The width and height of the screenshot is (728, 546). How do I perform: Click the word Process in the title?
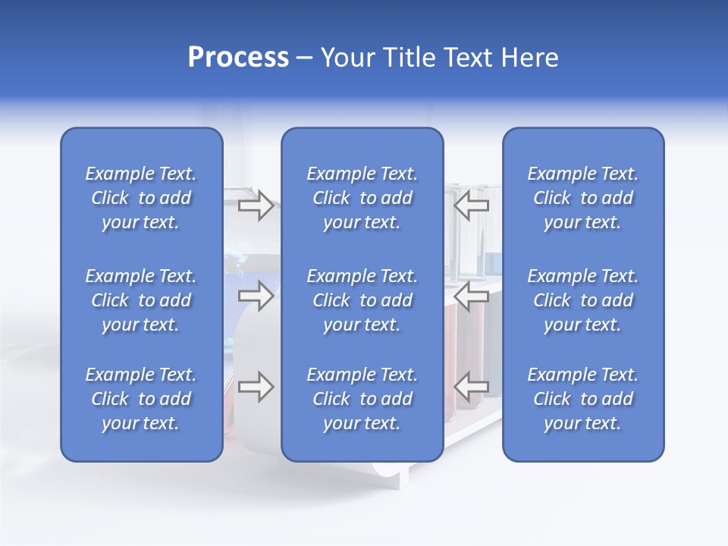click(x=238, y=58)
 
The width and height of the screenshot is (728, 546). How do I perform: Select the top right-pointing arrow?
click(x=256, y=206)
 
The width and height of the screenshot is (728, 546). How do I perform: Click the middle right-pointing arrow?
click(x=256, y=296)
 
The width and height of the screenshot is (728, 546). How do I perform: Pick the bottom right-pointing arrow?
click(x=256, y=387)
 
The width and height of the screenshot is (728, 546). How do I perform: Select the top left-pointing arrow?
click(x=472, y=206)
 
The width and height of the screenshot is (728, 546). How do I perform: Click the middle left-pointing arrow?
click(x=472, y=296)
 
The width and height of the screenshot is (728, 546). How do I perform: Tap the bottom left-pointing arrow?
click(x=472, y=387)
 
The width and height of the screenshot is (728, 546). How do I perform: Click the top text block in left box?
click(x=141, y=198)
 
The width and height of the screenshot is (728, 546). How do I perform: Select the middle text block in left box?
click(x=141, y=300)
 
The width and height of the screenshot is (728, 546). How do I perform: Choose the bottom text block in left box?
click(x=141, y=399)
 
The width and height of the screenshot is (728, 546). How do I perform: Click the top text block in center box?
click(x=362, y=198)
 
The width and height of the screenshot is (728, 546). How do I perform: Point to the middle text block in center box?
click(x=362, y=300)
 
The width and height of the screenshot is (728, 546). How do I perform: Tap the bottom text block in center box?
click(x=362, y=399)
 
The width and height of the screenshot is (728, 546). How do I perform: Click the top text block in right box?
click(x=583, y=198)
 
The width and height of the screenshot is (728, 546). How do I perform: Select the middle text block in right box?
click(x=583, y=300)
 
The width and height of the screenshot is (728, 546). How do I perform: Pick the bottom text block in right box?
click(x=583, y=399)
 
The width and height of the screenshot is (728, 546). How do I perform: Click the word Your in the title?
click(x=345, y=58)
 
